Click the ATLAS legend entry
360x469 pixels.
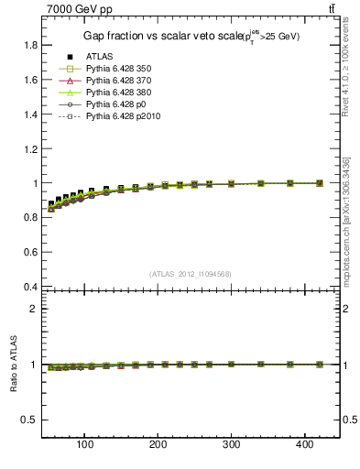tap(99, 57)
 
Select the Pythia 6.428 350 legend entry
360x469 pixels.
tap(117, 69)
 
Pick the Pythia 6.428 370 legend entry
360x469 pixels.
tap(117, 81)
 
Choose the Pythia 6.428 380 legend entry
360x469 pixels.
tap(117, 93)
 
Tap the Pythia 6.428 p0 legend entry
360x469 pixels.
tap(115, 104)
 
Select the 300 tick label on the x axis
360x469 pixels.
tap(231, 445)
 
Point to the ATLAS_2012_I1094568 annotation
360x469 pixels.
tap(191, 274)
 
